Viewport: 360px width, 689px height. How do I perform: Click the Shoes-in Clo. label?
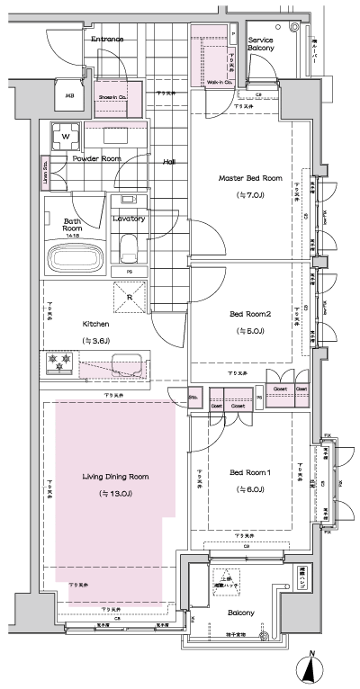pos(112,96)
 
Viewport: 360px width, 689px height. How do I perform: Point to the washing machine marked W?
pos(65,137)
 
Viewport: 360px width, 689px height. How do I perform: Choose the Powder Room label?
pos(97,158)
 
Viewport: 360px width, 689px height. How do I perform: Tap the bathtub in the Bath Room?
pos(76,258)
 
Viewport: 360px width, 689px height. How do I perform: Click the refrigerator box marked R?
pos(130,298)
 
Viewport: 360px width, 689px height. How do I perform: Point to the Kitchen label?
pos(96,324)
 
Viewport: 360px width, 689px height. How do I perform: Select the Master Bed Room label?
pos(250,179)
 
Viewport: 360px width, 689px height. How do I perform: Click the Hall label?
pos(168,163)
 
